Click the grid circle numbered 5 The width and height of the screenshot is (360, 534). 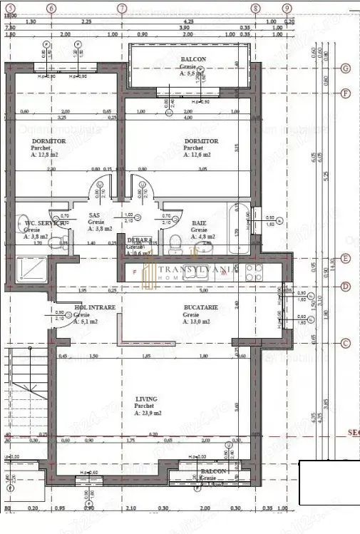9,8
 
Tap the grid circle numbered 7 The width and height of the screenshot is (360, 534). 122,8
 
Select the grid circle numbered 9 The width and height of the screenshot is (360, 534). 287,8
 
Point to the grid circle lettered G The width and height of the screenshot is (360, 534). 345,68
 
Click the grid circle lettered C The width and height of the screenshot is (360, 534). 345,343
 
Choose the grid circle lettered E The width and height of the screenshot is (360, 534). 345,259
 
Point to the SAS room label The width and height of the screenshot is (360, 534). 94,215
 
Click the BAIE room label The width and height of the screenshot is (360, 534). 199,223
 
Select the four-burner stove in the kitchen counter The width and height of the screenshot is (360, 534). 254,272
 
